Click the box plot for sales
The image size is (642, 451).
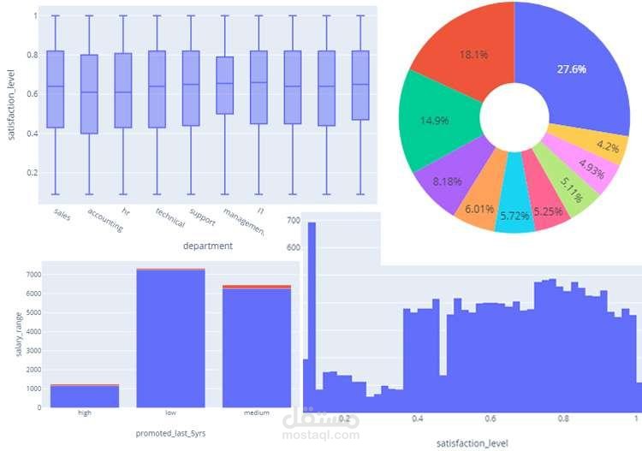coord(55,89)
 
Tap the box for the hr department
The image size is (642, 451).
coord(122,90)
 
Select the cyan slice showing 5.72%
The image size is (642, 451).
coord(515,209)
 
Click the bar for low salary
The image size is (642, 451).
coord(170,338)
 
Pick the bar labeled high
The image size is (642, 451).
coord(84,396)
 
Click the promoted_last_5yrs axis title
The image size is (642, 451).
coord(171,433)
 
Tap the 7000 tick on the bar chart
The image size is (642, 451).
coord(31,275)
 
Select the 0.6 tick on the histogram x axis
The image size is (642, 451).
coord(490,419)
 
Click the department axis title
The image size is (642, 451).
coord(207,246)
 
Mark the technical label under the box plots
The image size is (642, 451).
coord(170,217)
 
